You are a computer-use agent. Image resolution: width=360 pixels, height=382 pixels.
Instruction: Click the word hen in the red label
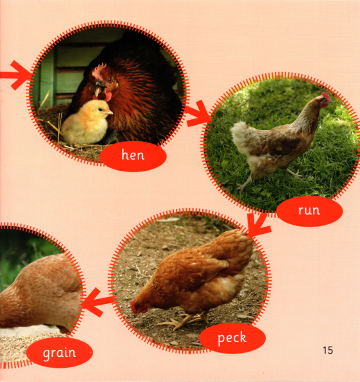[133, 155]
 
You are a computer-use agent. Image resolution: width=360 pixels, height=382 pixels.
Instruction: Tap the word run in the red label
[309, 211]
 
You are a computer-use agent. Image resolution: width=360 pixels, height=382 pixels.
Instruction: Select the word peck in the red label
[232, 338]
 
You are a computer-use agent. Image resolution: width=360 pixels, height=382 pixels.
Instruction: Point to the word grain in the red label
[59, 353]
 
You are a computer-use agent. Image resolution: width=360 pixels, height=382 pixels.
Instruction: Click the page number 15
[328, 350]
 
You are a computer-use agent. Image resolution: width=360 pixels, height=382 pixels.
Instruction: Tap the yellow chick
[86, 122]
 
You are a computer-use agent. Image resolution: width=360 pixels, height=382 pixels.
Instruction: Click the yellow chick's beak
[109, 112]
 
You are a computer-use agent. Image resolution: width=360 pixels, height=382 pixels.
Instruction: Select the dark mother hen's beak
[98, 90]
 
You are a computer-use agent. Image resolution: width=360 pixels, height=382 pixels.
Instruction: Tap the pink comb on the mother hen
[99, 70]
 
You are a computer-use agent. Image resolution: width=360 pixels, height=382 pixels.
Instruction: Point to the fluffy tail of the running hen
[241, 137]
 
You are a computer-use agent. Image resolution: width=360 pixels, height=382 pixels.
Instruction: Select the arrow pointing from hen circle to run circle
[198, 113]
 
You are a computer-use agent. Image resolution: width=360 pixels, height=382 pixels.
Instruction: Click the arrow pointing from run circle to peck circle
[258, 225]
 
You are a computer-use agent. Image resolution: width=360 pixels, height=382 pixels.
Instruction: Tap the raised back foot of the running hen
[294, 173]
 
